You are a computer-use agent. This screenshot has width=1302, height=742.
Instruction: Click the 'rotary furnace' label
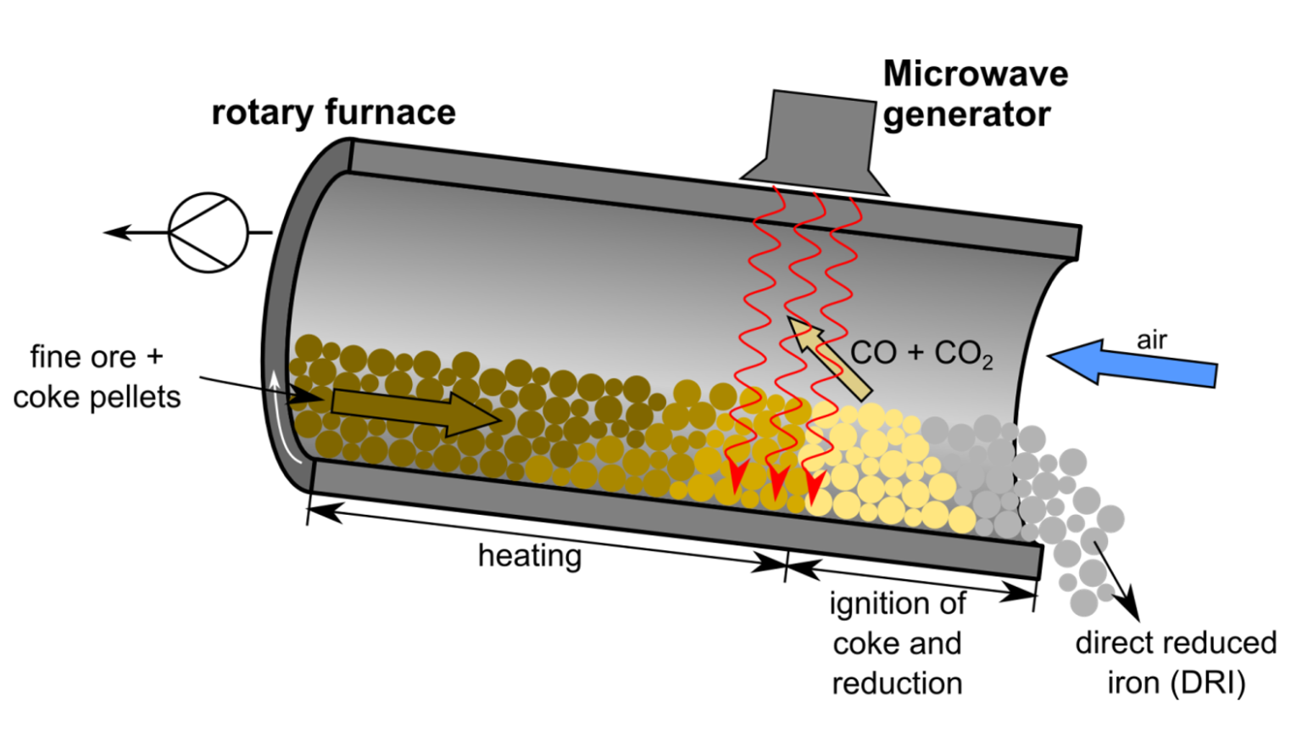click(333, 113)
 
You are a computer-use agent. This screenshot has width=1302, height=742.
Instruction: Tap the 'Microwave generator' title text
click(975, 93)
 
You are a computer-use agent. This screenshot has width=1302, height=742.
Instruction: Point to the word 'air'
click(1151, 340)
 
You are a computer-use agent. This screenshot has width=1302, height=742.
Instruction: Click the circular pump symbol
click(209, 232)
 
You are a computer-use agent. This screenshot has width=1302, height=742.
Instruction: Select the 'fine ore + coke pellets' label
click(97, 377)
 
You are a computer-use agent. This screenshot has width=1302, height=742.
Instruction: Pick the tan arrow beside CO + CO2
click(827, 356)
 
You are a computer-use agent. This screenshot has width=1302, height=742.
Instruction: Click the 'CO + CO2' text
click(921, 353)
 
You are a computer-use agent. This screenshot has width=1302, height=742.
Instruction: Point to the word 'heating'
click(530, 556)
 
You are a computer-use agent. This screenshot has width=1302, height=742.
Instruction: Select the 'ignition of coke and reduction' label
click(897, 643)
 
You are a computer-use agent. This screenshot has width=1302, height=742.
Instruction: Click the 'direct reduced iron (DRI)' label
click(1175, 662)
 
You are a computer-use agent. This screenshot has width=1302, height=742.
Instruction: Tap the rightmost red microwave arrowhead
click(815, 487)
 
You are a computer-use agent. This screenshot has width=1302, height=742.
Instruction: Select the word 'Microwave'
click(975, 74)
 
